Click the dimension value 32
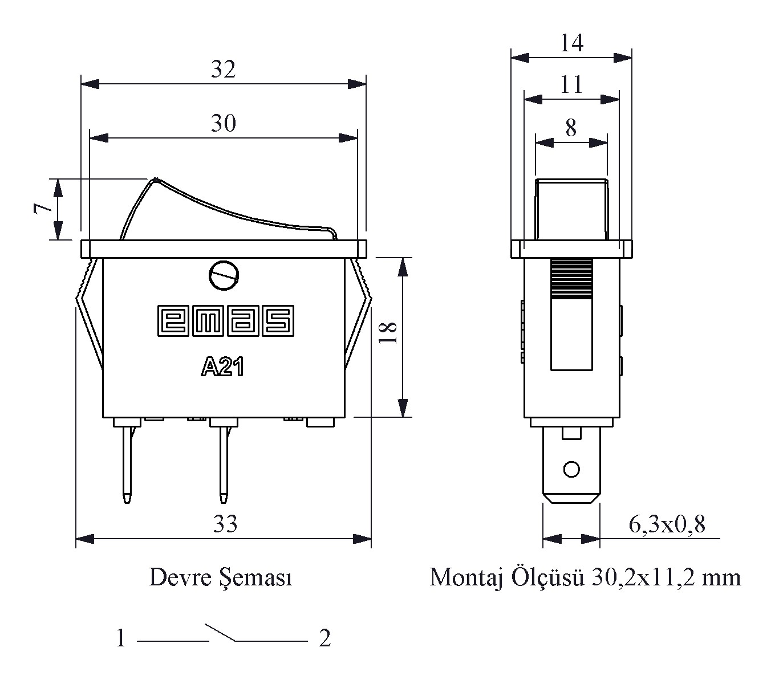tap(223, 70)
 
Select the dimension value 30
tap(223, 123)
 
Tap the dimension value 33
tap(225, 524)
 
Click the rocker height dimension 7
tap(40, 209)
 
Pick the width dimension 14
tap(571, 43)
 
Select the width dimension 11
tap(571, 85)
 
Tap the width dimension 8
tap(571, 128)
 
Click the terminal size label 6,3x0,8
tap(667, 524)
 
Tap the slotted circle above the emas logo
tap(223, 276)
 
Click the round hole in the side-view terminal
tap(571, 470)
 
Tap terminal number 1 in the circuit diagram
tap(120, 638)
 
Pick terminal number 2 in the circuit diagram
tap(324, 638)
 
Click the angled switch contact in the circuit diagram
tap(221, 633)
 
